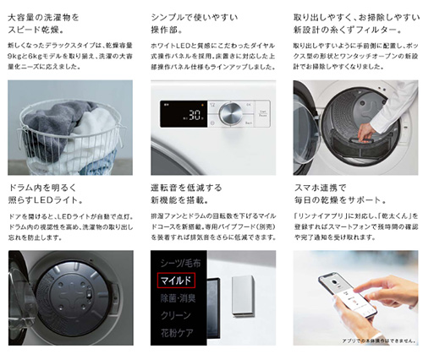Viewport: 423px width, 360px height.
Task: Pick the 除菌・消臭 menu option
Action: [179, 298]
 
